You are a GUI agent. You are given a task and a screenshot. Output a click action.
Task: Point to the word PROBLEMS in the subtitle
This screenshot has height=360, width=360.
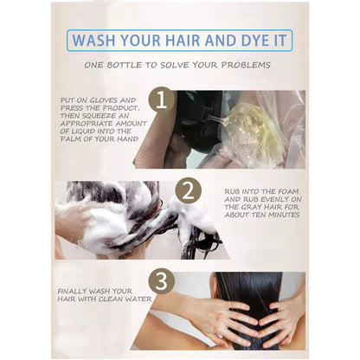coord(246,65)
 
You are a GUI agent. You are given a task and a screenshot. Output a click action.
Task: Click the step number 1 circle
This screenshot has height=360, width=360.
coord(162,100)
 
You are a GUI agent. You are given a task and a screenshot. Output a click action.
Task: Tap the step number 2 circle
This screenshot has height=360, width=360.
coord(189,190)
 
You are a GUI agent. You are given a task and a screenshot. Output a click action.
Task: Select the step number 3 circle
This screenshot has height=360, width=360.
coord(161,281)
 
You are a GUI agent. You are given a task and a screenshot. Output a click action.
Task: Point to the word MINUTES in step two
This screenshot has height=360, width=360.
coord(284,215)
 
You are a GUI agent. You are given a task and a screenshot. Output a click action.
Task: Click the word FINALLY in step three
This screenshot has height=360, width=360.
coord(72,292)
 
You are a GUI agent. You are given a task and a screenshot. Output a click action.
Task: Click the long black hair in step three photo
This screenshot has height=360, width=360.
coord(253,303)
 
